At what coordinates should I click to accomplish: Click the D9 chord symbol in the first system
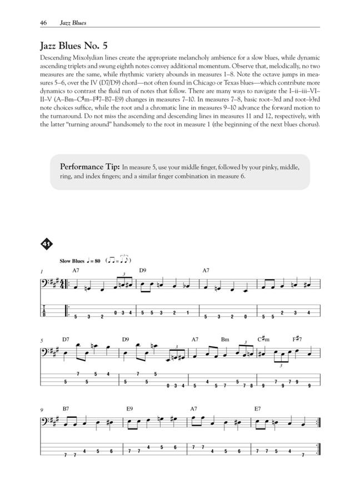point(143,270)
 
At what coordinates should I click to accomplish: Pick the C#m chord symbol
point(263,339)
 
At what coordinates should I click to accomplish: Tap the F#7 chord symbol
point(297,339)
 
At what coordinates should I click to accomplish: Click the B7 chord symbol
point(66,409)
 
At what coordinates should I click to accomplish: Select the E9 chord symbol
point(129,409)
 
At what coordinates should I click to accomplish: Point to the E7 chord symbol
point(258,409)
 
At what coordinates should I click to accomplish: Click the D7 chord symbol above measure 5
point(66,339)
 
